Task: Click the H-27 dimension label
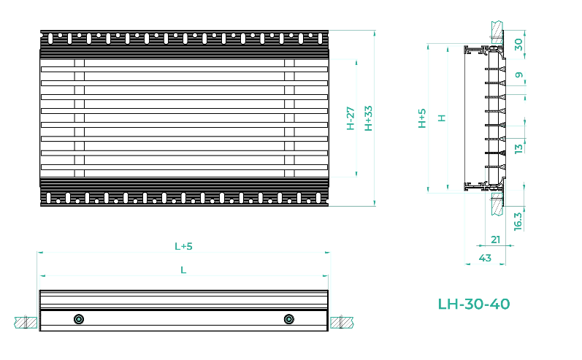(x=351, y=118)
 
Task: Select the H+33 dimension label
(x=368, y=118)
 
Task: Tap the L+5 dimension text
(x=183, y=246)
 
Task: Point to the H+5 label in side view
(x=422, y=118)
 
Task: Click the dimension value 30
(x=518, y=45)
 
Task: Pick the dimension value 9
(x=519, y=75)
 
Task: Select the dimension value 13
(x=518, y=148)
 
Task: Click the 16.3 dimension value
(x=518, y=221)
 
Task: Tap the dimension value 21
(x=496, y=240)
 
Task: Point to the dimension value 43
(x=485, y=258)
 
